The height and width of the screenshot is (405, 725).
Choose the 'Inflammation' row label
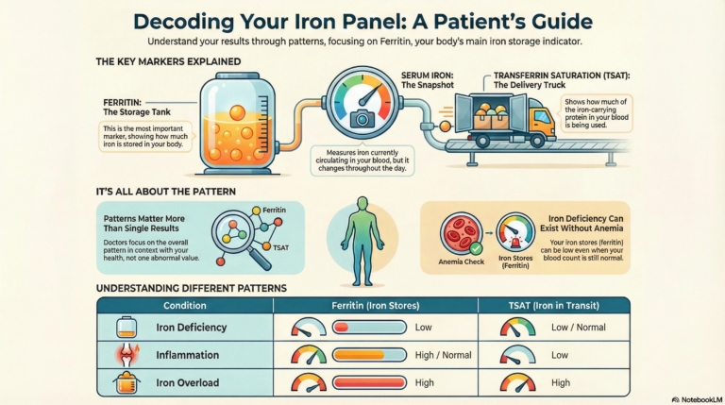188,356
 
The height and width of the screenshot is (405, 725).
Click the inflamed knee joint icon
128,355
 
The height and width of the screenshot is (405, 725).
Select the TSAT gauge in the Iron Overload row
517,382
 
